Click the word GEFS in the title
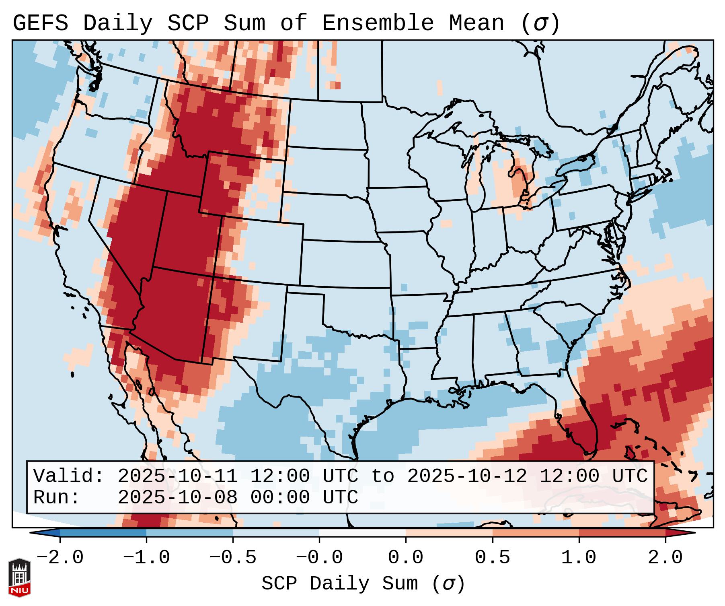click(40, 23)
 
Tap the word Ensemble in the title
click(378, 23)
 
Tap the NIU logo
click(19, 577)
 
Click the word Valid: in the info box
click(69, 476)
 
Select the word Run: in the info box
click(57, 498)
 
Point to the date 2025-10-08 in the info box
click(178, 498)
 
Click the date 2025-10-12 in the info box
click(467, 476)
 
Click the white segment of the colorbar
click(362, 533)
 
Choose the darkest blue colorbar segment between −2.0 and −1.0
click(103, 533)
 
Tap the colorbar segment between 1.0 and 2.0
click(622, 533)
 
